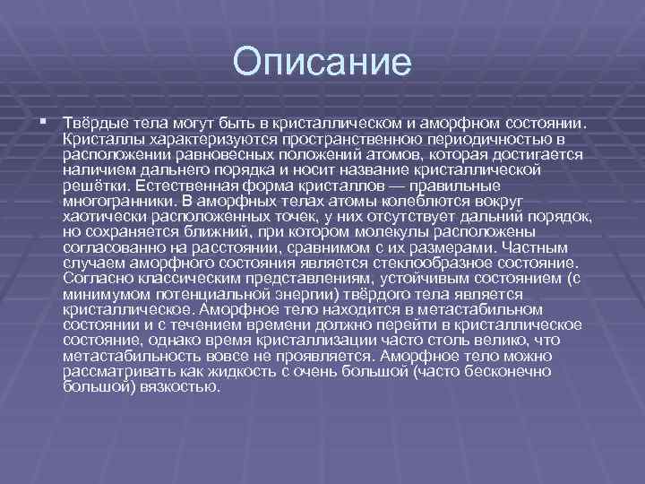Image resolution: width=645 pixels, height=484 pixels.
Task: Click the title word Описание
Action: [322, 64]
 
